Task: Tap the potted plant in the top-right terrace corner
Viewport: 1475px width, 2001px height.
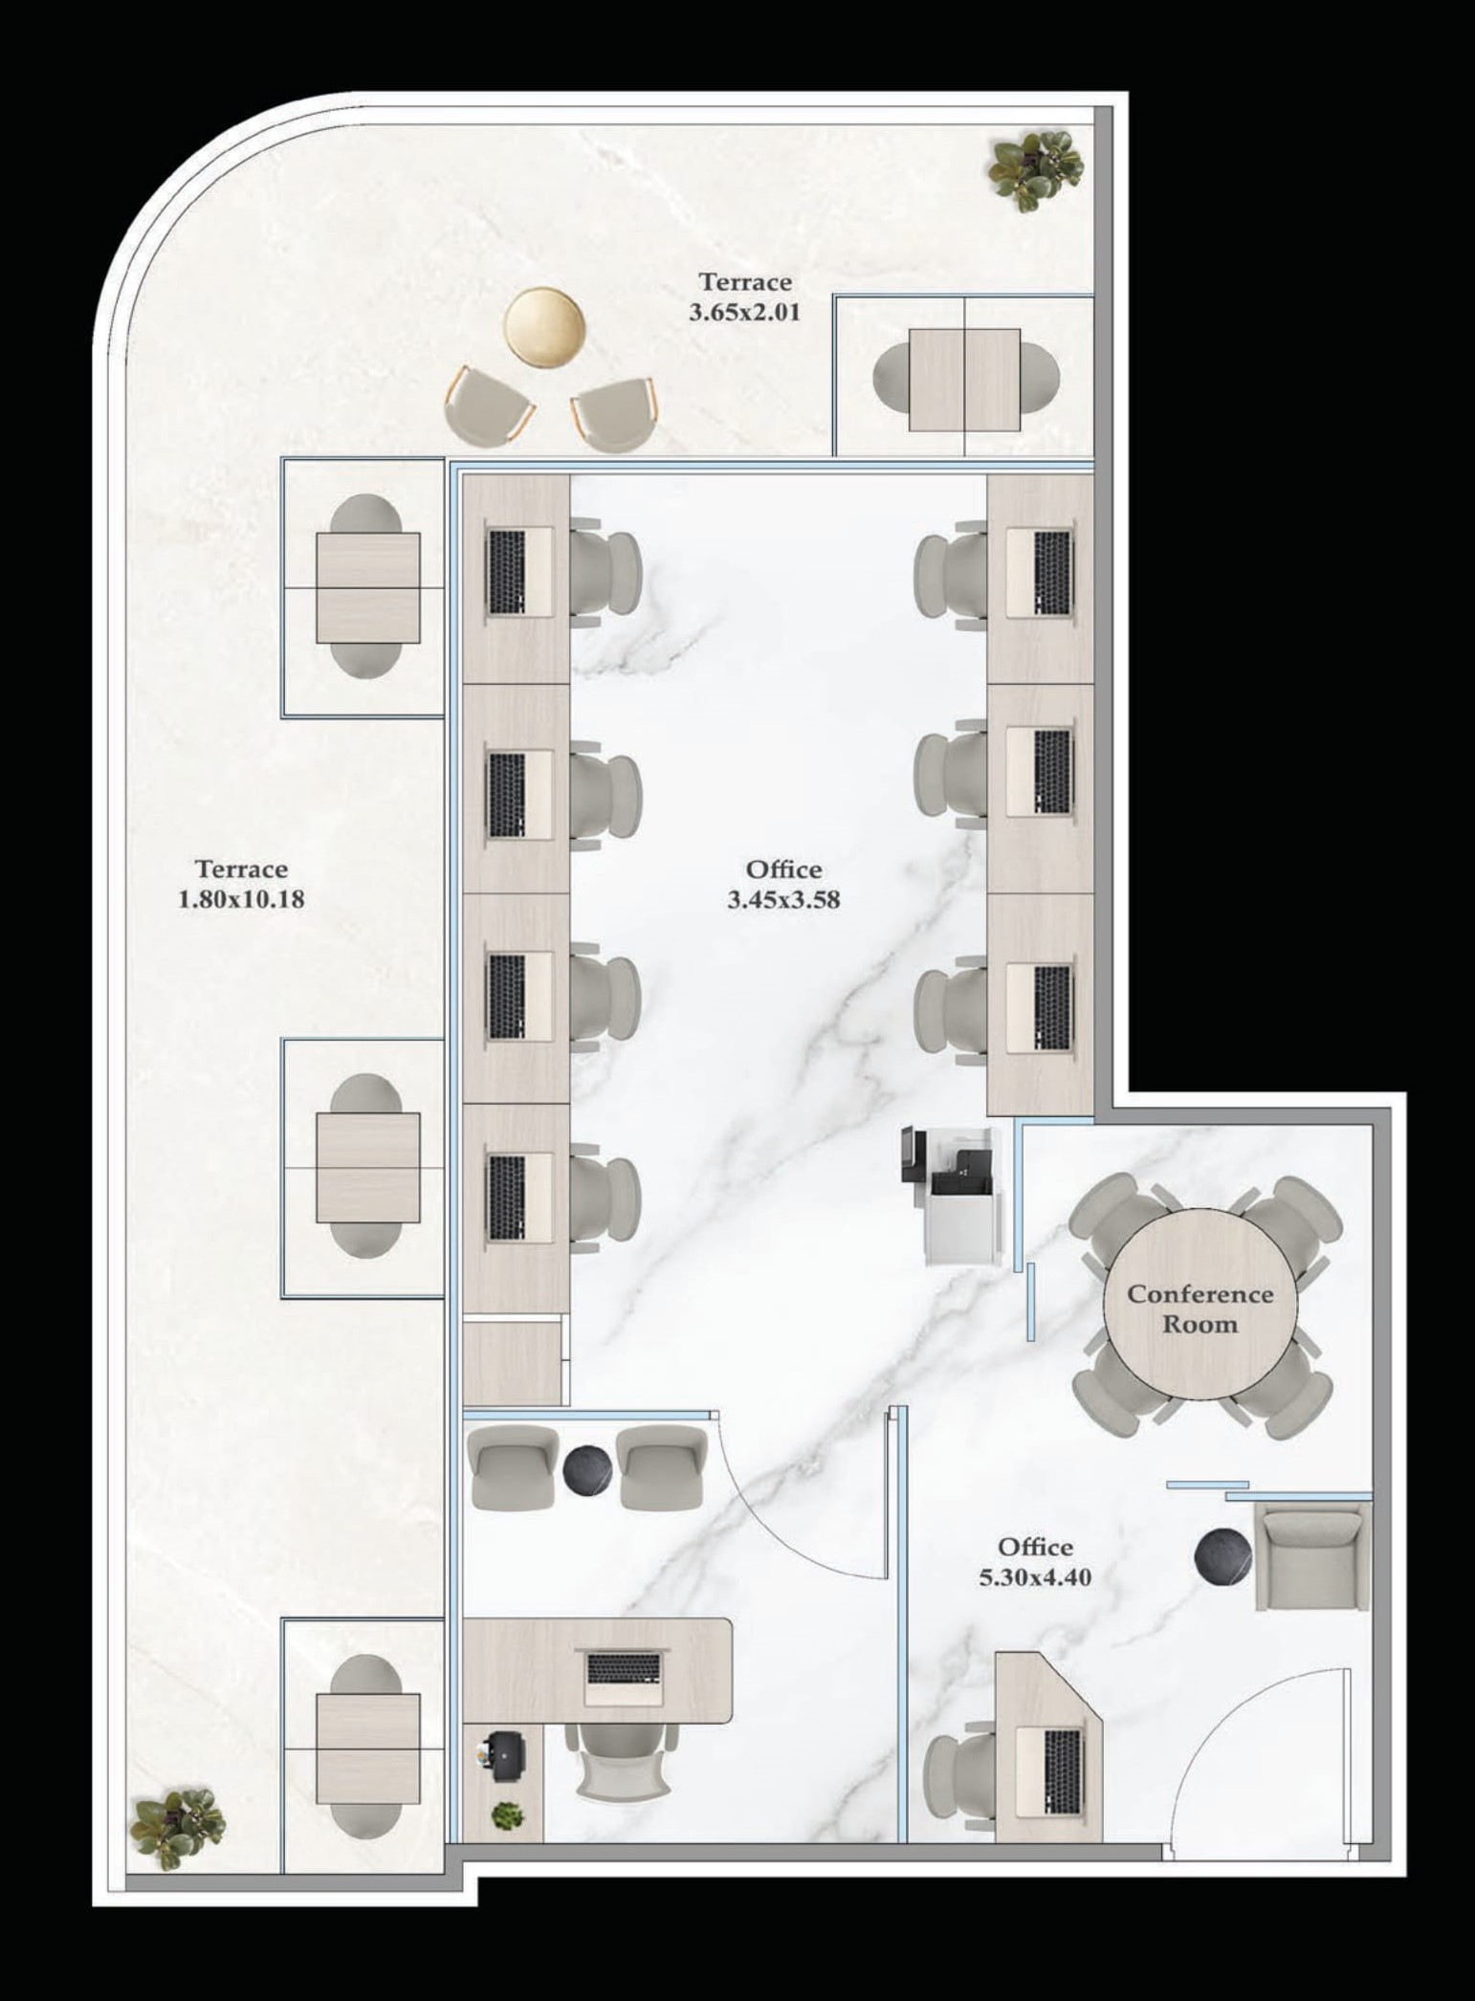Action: click(x=1036, y=168)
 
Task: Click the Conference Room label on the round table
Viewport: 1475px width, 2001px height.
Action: click(x=1200, y=1308)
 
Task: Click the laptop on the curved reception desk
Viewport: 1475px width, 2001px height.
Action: click(x=624, y=1679)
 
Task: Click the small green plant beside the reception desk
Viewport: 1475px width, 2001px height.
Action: click(x=507, y=1814)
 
